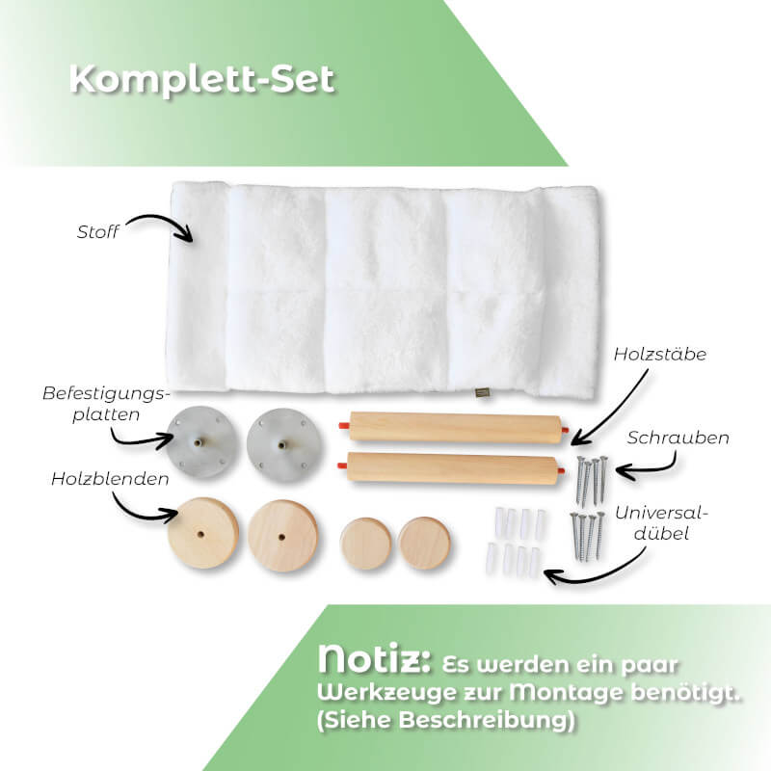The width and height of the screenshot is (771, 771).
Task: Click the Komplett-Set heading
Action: (202, 79)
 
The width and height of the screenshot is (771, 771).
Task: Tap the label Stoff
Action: (98, 232)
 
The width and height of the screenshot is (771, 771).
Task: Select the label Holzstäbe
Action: (660, 354)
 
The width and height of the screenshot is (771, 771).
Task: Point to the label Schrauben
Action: (678, 438)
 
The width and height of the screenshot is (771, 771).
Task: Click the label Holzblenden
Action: (110, 479)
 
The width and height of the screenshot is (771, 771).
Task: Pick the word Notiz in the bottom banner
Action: (374, 659)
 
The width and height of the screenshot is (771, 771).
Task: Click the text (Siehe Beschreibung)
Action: (446, 720)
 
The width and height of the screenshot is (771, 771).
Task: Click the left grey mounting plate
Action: (200, 442)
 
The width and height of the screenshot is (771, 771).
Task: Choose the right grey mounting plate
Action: (283, 445)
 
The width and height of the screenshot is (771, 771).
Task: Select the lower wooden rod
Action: (453, 467)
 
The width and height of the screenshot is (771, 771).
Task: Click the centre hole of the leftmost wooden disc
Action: (201, 533)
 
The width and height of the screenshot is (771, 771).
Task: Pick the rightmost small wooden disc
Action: (424, 543)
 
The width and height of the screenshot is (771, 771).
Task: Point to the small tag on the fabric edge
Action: (480, 392)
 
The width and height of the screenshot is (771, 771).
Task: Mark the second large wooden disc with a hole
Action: (282, 536)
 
